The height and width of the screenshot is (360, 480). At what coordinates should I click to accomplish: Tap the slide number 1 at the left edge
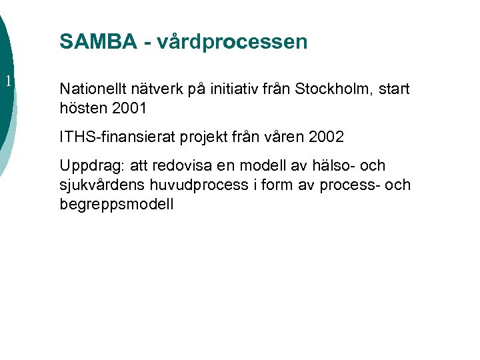point(7,82)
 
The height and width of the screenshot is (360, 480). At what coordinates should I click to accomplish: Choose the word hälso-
point(329,165)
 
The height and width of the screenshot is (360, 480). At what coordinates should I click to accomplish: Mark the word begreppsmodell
point(117,204)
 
